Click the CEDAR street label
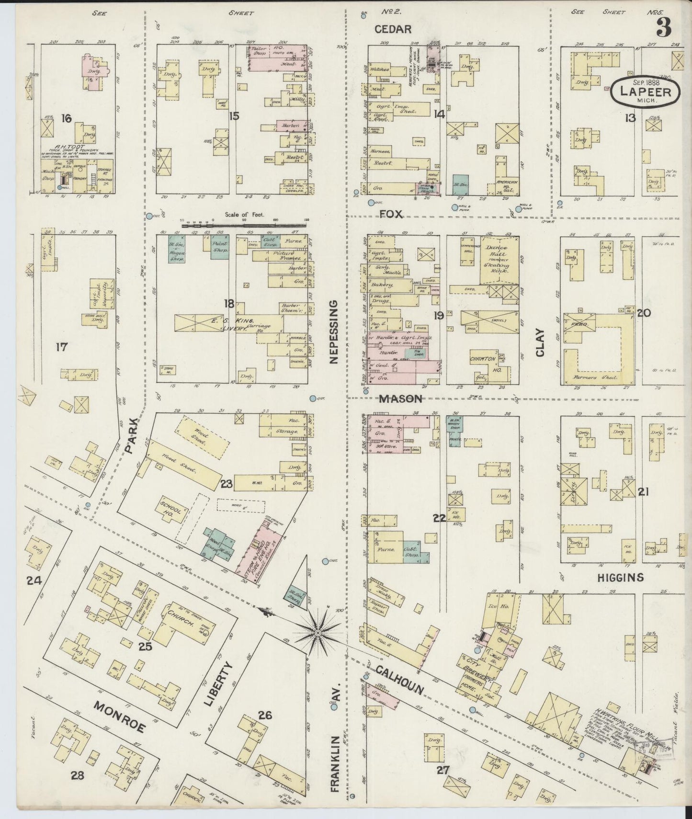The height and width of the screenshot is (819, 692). pos(393,29)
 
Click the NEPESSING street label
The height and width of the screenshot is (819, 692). pos(334,331)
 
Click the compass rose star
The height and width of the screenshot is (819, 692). pos(318,633)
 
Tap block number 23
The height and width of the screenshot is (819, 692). pos(226,484)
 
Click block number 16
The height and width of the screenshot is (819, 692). pos(66,118)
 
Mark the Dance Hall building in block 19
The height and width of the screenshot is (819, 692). pos(499,261)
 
